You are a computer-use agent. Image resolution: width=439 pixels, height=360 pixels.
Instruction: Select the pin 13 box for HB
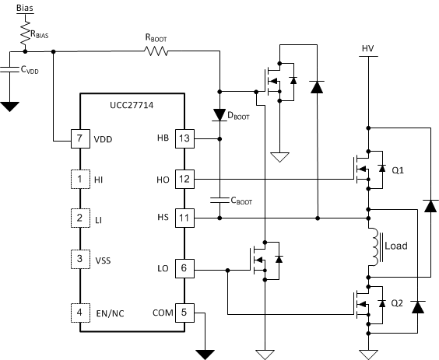184,138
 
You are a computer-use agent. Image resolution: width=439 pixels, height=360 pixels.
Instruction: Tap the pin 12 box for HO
184,180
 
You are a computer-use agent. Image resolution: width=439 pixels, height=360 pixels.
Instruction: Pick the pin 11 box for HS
184,218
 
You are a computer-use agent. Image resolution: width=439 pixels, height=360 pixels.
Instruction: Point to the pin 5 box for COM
184,313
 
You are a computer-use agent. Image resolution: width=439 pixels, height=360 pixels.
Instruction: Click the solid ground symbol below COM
205,354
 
